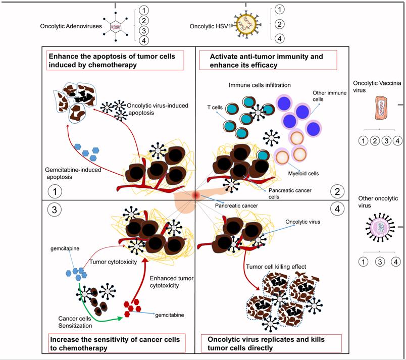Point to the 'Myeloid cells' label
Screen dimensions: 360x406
click(307, 173)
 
